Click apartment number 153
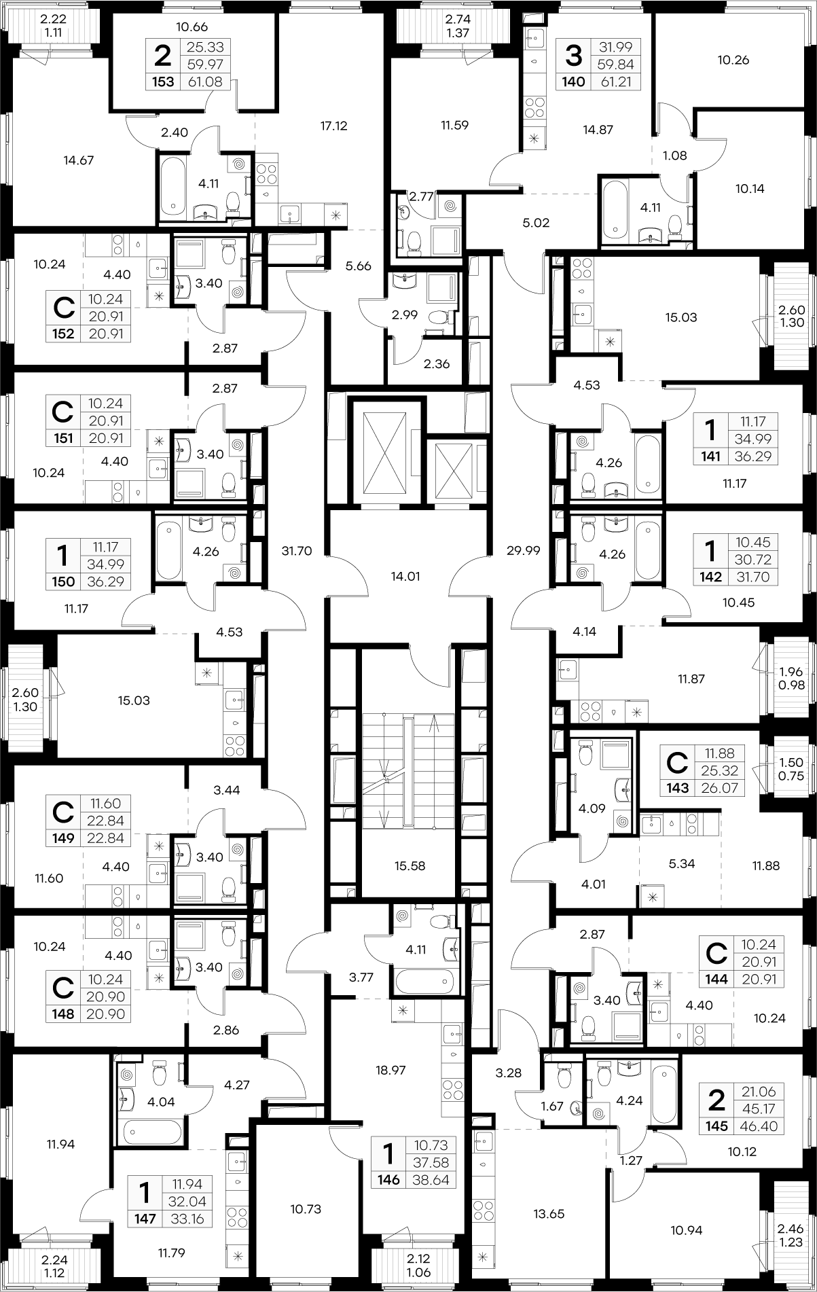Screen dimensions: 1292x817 coord(164,82)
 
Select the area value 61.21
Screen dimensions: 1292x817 coord(616,82)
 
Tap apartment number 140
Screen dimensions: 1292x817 coord(574,82)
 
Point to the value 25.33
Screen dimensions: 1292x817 coord(205,47)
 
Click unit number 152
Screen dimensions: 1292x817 coord(63,334)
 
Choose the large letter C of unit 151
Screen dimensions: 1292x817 coord(62,412)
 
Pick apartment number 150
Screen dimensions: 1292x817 coord(63,581)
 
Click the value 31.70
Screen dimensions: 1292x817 coord(753,577)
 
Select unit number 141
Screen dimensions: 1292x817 coord(710,456)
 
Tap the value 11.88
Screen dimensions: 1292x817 coord(720,753)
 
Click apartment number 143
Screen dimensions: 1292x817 coord(677,788)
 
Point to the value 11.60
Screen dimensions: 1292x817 coord(105,804)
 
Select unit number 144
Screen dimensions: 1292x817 coord(716,979)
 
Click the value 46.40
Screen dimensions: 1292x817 coord(759,1126)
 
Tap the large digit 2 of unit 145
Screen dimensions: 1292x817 coord(716,1100)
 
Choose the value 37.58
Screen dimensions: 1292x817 coord(431,1162)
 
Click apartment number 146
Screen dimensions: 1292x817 coord(388,1180)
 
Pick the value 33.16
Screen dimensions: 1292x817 coord(187,1219)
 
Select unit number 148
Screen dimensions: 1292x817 coord(63,1014)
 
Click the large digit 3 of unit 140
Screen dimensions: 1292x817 coord(574,56)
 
